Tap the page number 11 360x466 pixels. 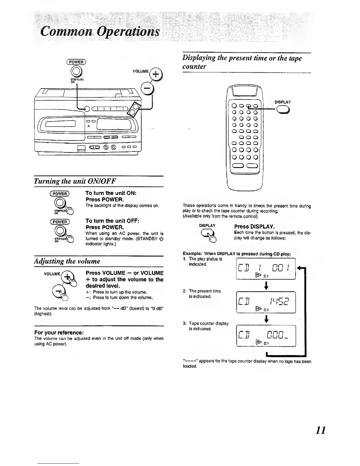point(320,430)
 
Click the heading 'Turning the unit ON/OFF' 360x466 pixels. point(75,181)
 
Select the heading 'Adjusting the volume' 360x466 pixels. point(67,261)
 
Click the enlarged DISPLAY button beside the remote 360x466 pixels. point(283,109)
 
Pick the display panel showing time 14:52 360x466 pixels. point(266,302)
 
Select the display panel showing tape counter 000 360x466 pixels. point(266,336)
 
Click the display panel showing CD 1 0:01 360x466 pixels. point(266,268)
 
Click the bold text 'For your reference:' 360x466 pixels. point(59,332)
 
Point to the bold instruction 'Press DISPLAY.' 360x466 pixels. point(254,227)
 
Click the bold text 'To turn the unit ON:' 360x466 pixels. point(111,193)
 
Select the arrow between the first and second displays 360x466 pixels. point(266,285)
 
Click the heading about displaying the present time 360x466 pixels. point(242,62)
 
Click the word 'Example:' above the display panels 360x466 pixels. point(192,254)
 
